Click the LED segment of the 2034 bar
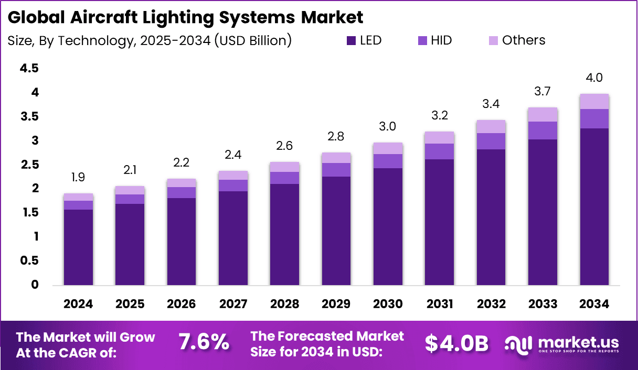594,207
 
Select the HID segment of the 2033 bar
543,130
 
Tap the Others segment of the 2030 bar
388,148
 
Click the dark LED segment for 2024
78,247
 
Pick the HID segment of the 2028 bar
284,178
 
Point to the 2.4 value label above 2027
233,155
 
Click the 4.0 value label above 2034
594,78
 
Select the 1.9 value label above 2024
78,178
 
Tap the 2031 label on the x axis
439,304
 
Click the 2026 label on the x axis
182,304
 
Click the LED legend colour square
351,40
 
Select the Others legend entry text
523,40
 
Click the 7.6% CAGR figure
204,343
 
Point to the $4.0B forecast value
456,343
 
